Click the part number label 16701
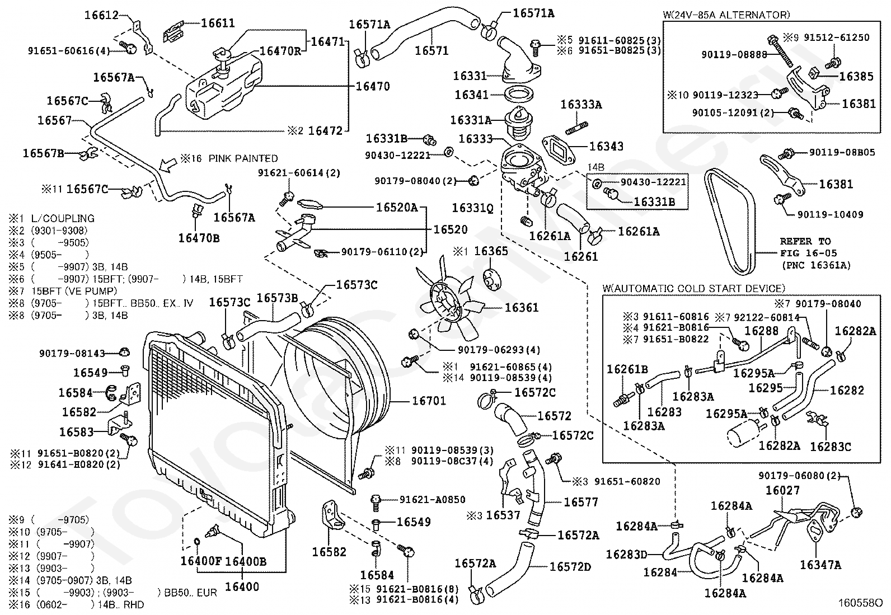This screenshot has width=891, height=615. (429, 401)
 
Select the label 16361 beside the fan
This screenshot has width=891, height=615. (521, 308)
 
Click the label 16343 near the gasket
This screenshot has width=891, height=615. (606, 147)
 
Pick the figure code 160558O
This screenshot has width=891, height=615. (860, 604)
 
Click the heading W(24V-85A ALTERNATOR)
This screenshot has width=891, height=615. (725, 15)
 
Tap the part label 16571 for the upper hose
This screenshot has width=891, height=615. (432, 51)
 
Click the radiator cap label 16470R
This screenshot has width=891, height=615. (280, 51)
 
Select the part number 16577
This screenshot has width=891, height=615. (581, 503)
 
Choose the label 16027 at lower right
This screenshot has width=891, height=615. (782, 491)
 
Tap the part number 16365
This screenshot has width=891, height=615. (491, 251)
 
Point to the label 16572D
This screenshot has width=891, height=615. (570, 567)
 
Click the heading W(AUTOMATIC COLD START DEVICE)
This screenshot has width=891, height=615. (693, 288)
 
